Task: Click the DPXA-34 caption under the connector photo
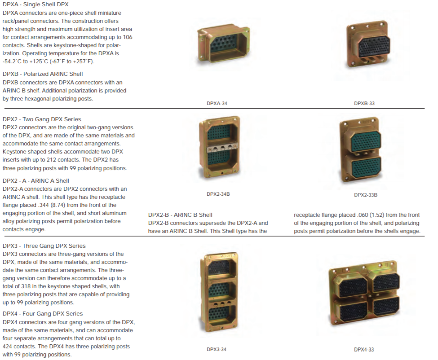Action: coord(217,103)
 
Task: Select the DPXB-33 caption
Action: coord(364,103)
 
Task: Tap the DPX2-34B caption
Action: coord(218,194)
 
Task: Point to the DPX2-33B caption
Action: coord(366,195)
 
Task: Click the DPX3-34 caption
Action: coord(217,349)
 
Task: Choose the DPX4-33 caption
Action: coord(364,350)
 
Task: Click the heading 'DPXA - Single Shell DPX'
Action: coord(35,4)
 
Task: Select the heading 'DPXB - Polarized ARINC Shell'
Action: coord(43,74)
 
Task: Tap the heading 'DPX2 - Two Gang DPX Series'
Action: coord(42,119)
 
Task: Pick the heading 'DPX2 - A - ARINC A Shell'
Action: coord(36,181)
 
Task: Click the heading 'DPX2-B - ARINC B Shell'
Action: coord(180,215)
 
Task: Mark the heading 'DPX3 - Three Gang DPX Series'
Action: coord(44,246)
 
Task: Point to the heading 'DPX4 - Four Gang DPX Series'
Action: coord(43,314)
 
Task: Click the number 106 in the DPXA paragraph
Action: coord(128,37)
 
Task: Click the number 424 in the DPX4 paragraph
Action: coord(8,347)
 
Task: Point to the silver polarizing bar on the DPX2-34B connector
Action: coord(222,148)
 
